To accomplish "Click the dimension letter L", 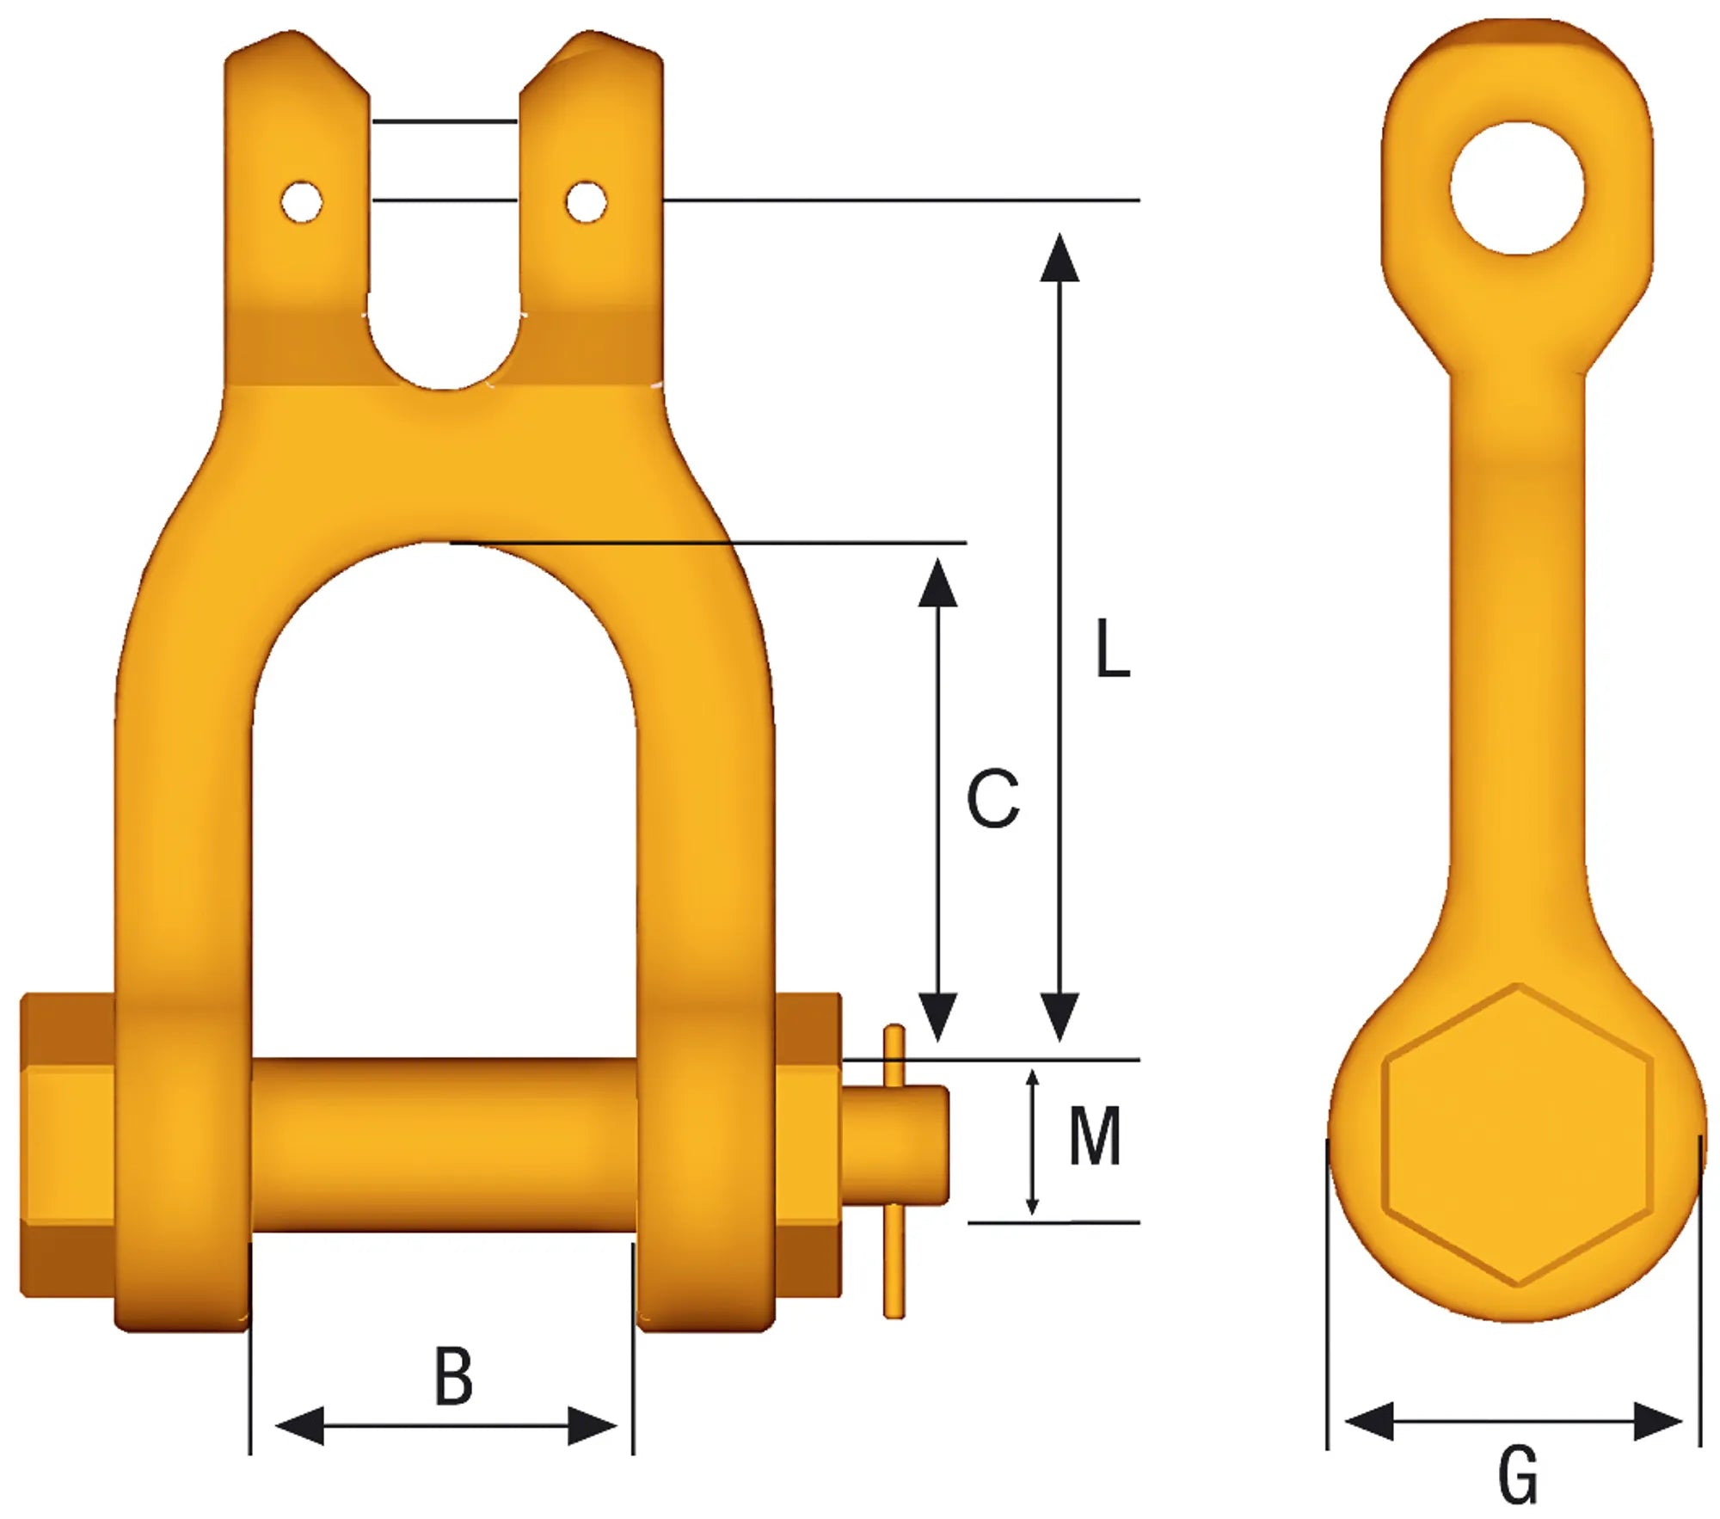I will (x=1112, y=649).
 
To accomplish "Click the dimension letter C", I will (x=992, y=799).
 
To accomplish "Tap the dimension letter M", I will (x=1094, y=1136).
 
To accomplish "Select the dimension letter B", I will (x=453, y=1377).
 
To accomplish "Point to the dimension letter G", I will (x=1518, y=1474).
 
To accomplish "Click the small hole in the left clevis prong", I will (x=301, y=203).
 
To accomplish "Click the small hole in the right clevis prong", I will (x=586, y=202).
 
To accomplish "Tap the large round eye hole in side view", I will (x=1517, y=188).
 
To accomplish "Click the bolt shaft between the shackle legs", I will (x=443, y=1144).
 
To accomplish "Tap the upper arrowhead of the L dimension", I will (x=1059, y=258).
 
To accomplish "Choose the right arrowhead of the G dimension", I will (x=1656, y=1420).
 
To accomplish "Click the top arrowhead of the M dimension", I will (x=1033, y=1079).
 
